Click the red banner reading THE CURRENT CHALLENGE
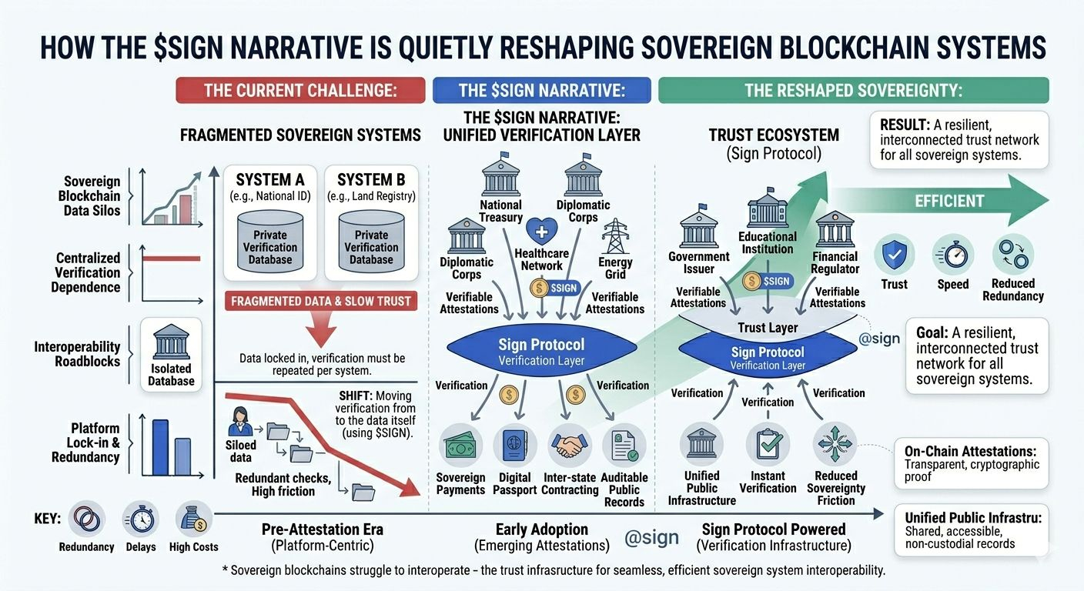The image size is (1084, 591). [x=300, y=91]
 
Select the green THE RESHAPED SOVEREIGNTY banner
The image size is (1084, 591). [x=853, y=91]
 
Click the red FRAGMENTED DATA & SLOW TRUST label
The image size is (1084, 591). [x=321, y=301]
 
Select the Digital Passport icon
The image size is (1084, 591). [x=514, y=446]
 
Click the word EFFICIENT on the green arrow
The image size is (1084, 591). [x=949, y=202]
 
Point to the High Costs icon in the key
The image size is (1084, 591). [x=193, y=519]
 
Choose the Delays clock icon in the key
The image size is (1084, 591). [x=141, y=519]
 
